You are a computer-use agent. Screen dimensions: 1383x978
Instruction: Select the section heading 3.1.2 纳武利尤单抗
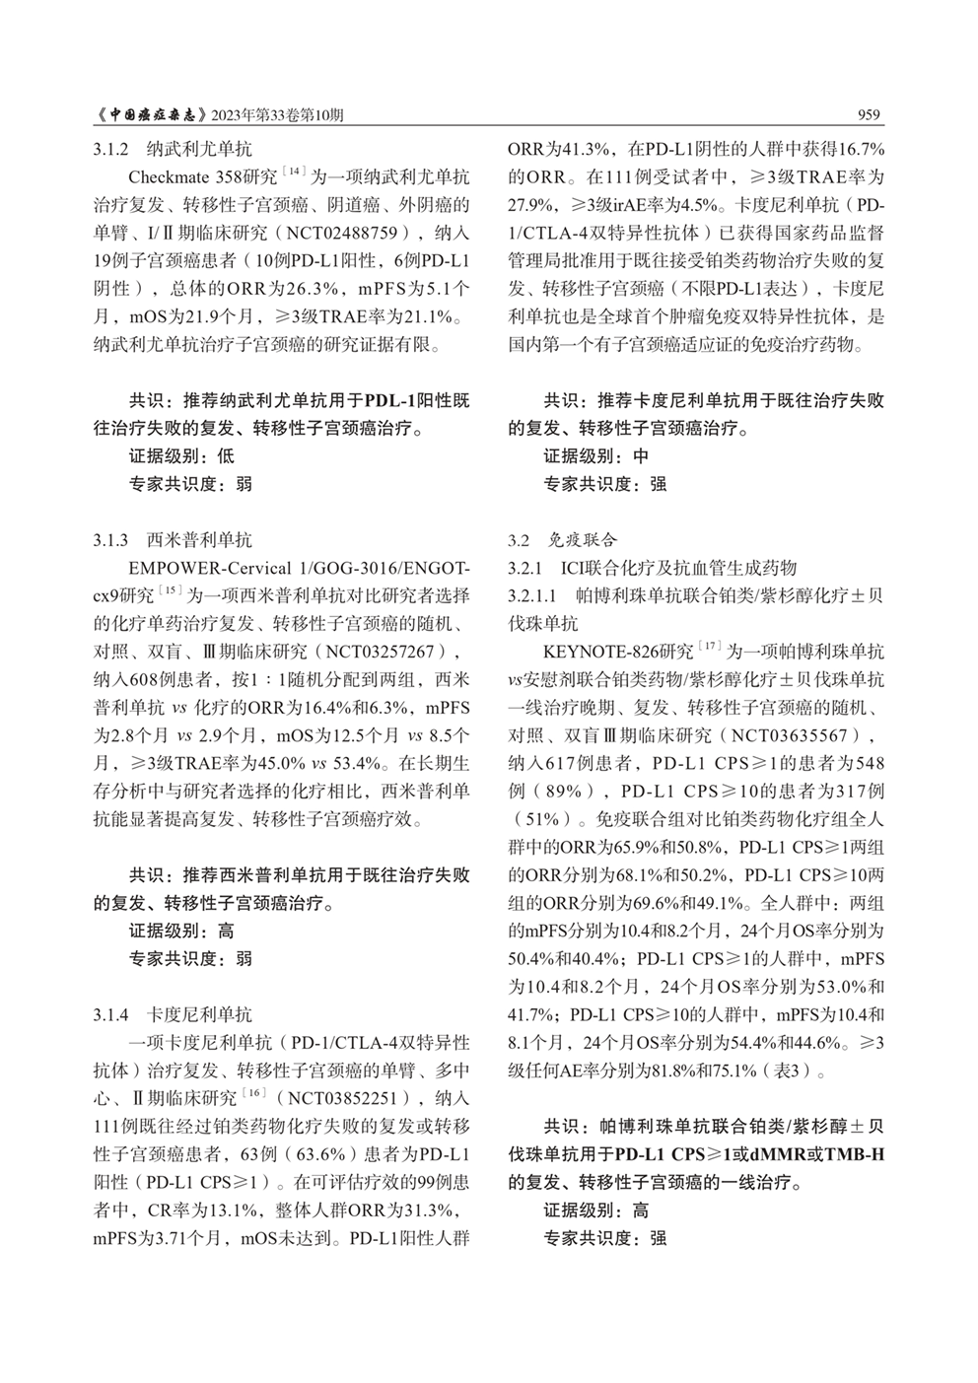click(174, 151)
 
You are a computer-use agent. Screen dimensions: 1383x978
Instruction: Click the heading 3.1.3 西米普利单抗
click(174, 540)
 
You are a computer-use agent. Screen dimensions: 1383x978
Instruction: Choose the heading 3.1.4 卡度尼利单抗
click(174, 1014)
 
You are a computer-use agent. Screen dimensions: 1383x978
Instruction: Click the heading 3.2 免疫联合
click(562, 540)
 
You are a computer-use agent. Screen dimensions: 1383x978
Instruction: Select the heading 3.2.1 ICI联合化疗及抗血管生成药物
click(652, 568)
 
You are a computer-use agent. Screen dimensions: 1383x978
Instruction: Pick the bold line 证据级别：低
click(181, 456)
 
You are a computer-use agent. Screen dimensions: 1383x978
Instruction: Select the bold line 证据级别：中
click(596, 456)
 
